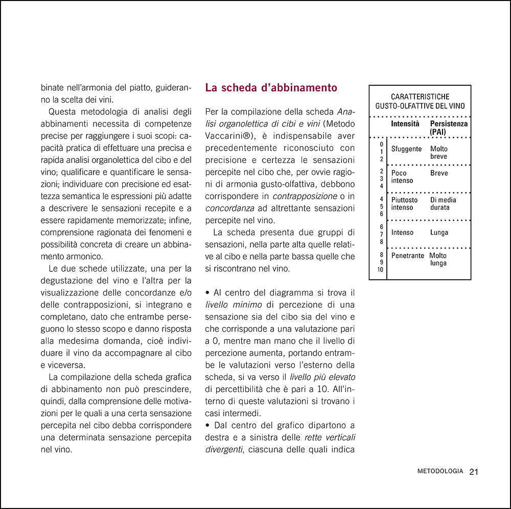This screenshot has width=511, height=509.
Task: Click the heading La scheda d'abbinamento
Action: (x=271, y=88)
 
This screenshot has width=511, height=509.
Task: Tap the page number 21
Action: (x=473, y=472)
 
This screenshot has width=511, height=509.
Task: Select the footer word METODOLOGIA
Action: (x=440, y=472)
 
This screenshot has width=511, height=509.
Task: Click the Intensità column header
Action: (x=405, y=124)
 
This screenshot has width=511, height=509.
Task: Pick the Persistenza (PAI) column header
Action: (x=449, y=128)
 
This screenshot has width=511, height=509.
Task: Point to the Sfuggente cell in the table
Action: (x=406, y=149)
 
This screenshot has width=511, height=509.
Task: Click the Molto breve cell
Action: (x=438, y=153)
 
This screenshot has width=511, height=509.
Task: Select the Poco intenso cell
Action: (x=402, y=177)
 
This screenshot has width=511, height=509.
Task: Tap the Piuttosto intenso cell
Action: (x=404, y=204)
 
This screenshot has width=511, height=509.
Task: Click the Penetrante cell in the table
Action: (x=407, y=256)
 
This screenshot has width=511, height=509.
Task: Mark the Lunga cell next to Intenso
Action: (x=439, y=233)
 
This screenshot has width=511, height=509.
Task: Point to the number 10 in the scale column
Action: (x=380, y=270)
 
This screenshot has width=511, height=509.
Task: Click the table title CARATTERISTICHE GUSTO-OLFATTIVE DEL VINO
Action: (x=420, y=101)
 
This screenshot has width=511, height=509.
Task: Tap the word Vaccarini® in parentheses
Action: (x=227, y=135)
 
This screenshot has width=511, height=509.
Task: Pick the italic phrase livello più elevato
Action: (x=322, y=377)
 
